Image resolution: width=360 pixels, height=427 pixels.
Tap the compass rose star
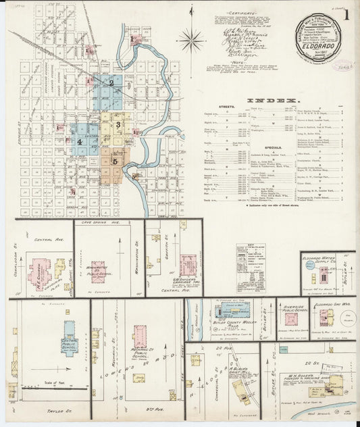click(191, 41)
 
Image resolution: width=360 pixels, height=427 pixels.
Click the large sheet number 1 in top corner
click(346, 14)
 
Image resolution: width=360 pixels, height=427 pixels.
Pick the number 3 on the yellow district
click(118, 124)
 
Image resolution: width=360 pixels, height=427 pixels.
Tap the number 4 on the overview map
click(80, 142)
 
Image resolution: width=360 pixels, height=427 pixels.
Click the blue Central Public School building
click(70, 335)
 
